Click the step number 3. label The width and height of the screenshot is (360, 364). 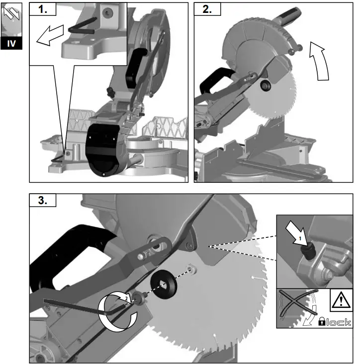tap(43, 201)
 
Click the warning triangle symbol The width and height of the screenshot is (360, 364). tap(341, 300)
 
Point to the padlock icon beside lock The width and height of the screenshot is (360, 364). tap(322, 322)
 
